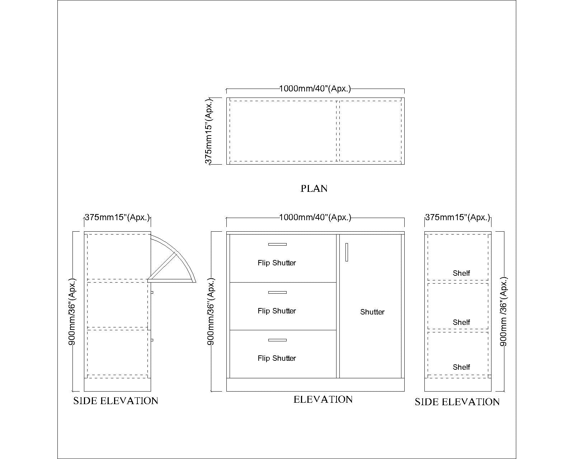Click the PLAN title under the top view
click(314, 189)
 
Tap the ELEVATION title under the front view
click(323, 399)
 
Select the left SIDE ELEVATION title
click(116, 401)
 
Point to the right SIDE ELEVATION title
click(457, 402)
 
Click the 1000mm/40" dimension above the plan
click(315, 89)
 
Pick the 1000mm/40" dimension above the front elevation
click(315, 217)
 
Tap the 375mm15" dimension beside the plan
click(208, 131)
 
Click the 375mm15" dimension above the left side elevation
click(117, 217)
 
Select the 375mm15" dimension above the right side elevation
click(458, 217)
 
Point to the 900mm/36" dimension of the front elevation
click(211, 312)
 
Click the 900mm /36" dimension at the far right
click(503, 312)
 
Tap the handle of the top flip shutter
click(277, 244)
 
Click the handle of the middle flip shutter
click(277, 292)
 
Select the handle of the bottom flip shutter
click(277, 340)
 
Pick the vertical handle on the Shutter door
click(347, 252)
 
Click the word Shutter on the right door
click(372, 312)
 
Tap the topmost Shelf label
click(461, 273)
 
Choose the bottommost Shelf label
click(461, 367)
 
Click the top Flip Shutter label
click(277, 263)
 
